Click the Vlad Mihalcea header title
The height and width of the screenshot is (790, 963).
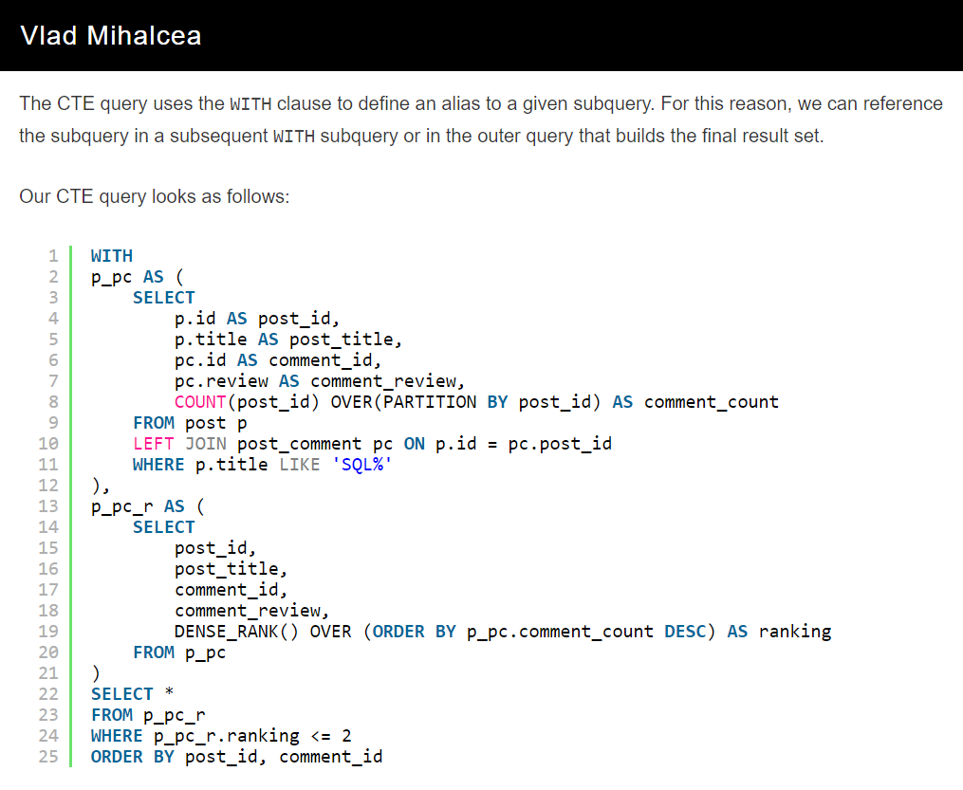[x=110, y=36]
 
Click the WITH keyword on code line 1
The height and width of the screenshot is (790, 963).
[x=112, y=256]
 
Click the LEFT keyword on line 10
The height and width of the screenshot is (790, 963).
[x=154, y=444]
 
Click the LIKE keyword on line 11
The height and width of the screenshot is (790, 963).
[x=300, y=465]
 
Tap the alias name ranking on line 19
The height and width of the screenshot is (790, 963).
[x=795, y=632]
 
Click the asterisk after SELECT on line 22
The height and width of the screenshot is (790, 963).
[x=170, y=694]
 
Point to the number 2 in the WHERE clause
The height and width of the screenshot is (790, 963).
[x=346, y=736]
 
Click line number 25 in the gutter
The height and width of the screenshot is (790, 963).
[x=48, y=757]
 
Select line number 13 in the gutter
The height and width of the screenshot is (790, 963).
[x=48, y=506]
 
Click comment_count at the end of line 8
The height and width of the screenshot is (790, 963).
[x=712, y=402]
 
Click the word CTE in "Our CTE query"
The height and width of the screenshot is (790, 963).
[x=75, y=197]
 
